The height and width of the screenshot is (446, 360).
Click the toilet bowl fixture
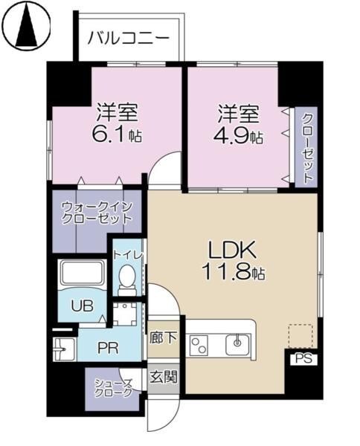coord(126,281)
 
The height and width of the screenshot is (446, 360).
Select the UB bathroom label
coord(81,303)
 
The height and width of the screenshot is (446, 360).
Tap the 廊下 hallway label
coord(163,337)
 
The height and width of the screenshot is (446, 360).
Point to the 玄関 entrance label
coord(163,376)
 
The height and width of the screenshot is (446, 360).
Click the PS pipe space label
coord(302,358)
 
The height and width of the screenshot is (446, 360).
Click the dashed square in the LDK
coord(300,335)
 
